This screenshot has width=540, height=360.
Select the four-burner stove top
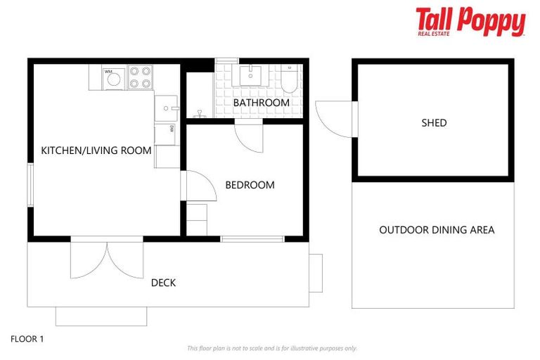pos(141,77)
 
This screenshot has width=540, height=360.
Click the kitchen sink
pos(166,108)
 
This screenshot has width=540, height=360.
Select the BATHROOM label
pos(261,103)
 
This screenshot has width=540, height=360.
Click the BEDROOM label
pos(250,185)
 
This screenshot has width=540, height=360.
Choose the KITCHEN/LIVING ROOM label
pos(96,150)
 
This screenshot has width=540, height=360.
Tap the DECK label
pos(163,283)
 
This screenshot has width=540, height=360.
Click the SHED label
pos(434,123)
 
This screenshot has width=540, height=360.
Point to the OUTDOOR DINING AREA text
pos(437,230)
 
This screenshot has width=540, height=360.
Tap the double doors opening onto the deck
pos(107,259)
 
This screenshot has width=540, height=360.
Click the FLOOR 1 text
pos(27,339)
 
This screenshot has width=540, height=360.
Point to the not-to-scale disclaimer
pos(272,348)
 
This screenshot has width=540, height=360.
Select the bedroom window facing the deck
pos(252,239)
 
